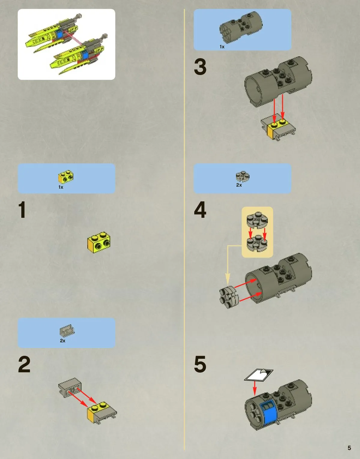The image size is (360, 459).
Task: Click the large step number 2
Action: tap(24, 364)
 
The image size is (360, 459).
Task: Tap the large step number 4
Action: tap(200, 210)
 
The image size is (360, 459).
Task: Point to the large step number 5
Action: tap(200, 364)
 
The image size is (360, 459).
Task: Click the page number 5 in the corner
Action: tap(349, 448)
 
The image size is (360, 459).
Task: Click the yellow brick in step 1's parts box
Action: tap(66, 176)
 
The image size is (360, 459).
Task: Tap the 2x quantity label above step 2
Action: tap(62, 341)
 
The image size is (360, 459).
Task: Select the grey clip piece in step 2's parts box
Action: tap(67, 330)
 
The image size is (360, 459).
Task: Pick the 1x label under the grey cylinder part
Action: tap(222, 47)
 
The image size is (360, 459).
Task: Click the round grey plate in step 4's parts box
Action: tap(243, 176)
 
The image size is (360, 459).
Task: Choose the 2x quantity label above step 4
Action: tap(239, 185)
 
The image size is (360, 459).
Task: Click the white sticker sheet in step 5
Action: tap(259, 375)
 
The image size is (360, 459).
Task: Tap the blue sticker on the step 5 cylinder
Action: tap(268, 412)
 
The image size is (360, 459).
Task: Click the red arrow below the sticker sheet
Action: tap(255, 388)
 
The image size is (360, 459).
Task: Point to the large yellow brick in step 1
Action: tap(99, 242)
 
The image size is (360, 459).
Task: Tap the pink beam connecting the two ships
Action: tap(73, 37)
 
